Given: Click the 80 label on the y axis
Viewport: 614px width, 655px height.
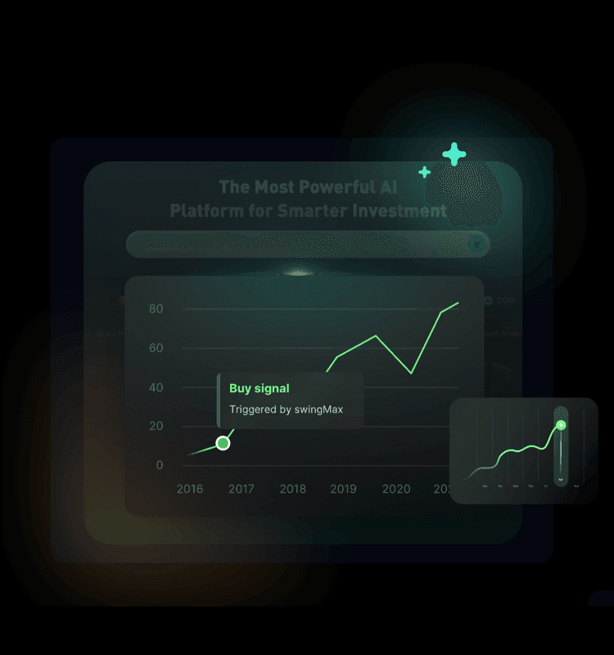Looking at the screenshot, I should tap(156, 309).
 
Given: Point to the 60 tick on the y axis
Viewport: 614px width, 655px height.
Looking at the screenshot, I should tap(156, 348).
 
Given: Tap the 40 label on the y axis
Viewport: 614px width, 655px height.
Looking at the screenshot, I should tap(156, 387).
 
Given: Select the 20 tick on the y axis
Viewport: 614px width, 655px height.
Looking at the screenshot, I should tap(156, 426).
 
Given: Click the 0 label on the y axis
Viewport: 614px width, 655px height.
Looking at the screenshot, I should tap(160, 465).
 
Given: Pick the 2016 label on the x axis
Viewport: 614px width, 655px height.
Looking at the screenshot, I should tap(190, 489).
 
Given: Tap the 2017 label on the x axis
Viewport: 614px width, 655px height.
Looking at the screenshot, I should tap(241, 489).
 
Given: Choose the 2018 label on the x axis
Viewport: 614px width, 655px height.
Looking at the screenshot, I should tap(292, 489).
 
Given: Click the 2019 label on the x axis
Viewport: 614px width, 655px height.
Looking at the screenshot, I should tap(343, 489).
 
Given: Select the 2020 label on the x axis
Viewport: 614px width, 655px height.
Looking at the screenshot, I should tap(396, 489).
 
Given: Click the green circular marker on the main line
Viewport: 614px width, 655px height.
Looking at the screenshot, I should tap(223, 443).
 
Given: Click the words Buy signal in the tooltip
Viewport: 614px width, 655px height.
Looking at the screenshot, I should tap(260, 388).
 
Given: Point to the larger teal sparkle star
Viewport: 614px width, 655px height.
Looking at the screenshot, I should tap(454, 154).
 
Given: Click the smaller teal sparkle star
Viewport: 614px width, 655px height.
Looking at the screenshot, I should tap(424, 172).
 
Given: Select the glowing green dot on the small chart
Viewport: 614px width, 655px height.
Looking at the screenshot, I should tap(561, 425).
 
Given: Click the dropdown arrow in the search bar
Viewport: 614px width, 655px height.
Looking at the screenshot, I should tap(476, 244).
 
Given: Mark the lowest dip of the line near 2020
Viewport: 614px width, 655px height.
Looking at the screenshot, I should tap(411, 373).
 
